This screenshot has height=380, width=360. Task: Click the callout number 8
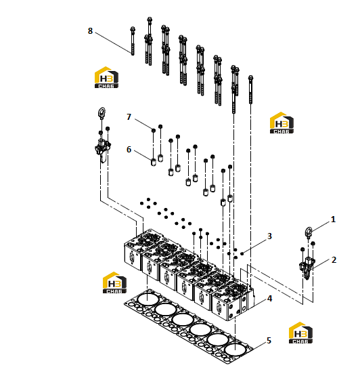click(x=90, y=31)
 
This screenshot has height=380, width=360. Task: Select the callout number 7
click(x=129, y=117)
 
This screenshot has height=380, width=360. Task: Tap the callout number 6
click(x=129, y=150)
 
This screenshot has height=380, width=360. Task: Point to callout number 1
click(x=333, y=219)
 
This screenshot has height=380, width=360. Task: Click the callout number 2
click(x=334, y=260)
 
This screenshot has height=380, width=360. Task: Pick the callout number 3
click(x=269, y=236)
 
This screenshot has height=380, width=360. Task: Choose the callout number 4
click(x=270, y=299)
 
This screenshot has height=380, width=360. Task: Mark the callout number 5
click(x=269, y=341)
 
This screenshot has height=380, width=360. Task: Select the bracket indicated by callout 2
click(x=307, y=268)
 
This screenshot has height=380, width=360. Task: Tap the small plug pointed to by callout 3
click(x=242, y=253)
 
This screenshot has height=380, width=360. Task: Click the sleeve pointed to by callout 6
click(x=153, y=162)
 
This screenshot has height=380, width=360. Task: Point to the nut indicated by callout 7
click(x=153, y=130)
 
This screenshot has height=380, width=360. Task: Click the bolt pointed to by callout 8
click(x=133, y=41)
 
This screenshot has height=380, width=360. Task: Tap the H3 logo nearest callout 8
click(x=106, y=77)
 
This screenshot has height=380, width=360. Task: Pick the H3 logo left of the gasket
click(x=114, y=282)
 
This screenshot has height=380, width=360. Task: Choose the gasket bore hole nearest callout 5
click(x=235, y=350)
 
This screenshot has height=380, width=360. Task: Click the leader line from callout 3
click(x=255, y=246)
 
